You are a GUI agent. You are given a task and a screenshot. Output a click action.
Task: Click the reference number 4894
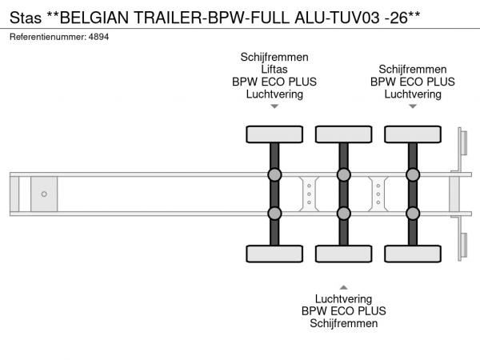[98, 37]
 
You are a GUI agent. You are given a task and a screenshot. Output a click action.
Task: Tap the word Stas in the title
[26, 18]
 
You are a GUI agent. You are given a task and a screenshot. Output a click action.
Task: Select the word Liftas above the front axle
[274, 70]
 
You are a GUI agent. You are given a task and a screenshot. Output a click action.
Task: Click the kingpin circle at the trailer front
[44, 194]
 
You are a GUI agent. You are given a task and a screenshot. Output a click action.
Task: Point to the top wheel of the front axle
[274, 134]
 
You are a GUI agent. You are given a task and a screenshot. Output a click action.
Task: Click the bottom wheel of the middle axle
[344, 254]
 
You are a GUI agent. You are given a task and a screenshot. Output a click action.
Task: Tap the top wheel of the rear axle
[413, 134]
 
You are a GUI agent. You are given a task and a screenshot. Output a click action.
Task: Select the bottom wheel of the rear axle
[413, 254]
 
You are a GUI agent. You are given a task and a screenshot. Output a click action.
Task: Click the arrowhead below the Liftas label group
[274, 106]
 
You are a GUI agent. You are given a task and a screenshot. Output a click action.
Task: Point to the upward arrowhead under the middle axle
[344, 287]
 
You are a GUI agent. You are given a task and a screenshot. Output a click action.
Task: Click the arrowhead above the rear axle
[413, 106]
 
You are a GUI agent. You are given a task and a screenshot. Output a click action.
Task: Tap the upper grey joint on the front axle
[274, 174]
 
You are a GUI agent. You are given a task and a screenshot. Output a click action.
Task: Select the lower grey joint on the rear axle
[413, 214]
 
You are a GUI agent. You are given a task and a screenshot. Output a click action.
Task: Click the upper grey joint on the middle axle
[344, 174]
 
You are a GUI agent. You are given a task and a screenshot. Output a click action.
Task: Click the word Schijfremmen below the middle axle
[344, 323]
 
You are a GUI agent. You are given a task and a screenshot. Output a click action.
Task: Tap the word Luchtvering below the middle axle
[344, 298]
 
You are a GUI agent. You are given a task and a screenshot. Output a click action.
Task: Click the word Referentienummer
[48, 37]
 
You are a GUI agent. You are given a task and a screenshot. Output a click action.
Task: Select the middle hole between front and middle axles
[309, 194]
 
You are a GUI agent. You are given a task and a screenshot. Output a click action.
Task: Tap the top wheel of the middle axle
[344, 134]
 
